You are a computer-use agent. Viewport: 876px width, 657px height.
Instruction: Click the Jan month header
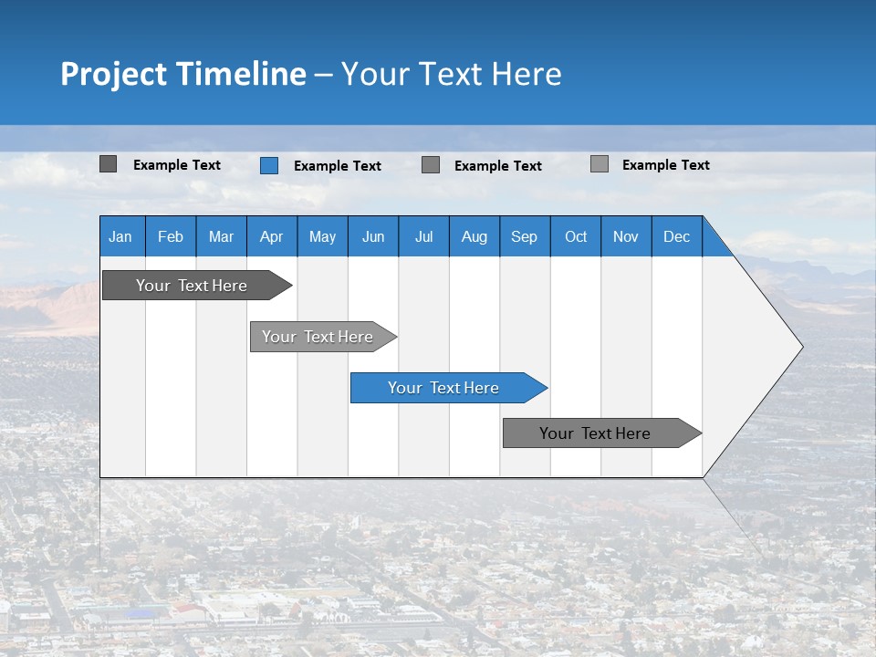pyautogui.click(x=120, y=236)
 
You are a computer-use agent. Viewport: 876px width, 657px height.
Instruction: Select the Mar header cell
pyautogui.click(x=221, y=236)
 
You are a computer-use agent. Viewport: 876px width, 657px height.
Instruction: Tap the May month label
pyautogui.click(x=322, y=236)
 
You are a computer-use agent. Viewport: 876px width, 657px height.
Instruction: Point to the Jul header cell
pyautogui.click(x=423, y=236)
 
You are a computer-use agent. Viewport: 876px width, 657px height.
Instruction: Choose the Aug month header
pyautogui.click(x=474, y=236)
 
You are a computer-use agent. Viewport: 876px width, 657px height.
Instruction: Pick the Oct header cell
pyautogui.click(x=576, y=236)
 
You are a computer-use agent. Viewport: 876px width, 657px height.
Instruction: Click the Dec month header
pyautogui.click(x=676, y=236)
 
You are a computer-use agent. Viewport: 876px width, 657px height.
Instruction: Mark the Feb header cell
pyautogui.click(x=171, y=236)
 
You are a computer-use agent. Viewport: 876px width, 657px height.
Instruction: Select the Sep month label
pyautogui.click(x=524, y=236)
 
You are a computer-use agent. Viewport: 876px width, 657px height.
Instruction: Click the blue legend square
pyautogui.click(x=268, y=165)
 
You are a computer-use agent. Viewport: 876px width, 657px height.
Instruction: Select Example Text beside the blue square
pyautogui.click(x=338, y=166)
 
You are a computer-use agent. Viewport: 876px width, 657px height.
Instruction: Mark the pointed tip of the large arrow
pyautogui.click(x=800, y=347)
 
